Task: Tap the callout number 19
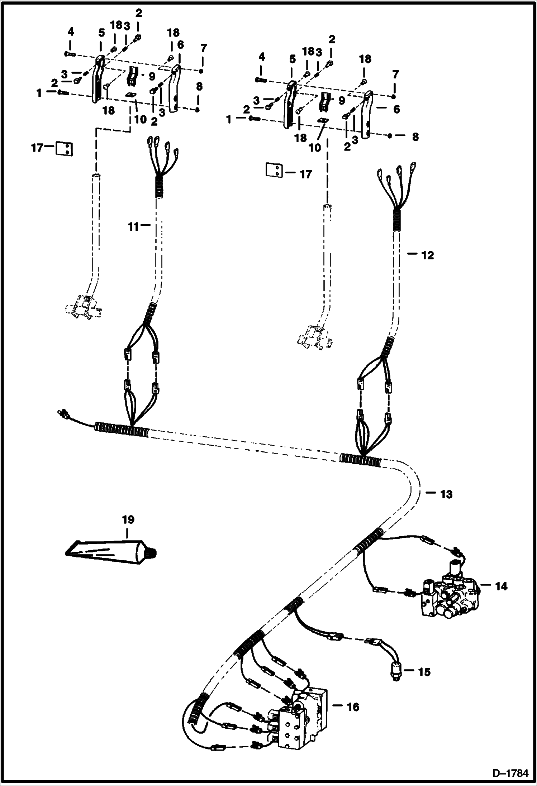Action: click(128, 519)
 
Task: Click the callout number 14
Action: click(501, 586)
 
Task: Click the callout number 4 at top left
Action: click(71, 32)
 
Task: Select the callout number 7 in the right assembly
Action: click(395, 75)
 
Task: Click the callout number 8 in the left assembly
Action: click(199, 86)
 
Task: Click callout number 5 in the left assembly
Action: click(101, 33)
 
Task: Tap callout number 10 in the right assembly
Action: click(315, 147)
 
